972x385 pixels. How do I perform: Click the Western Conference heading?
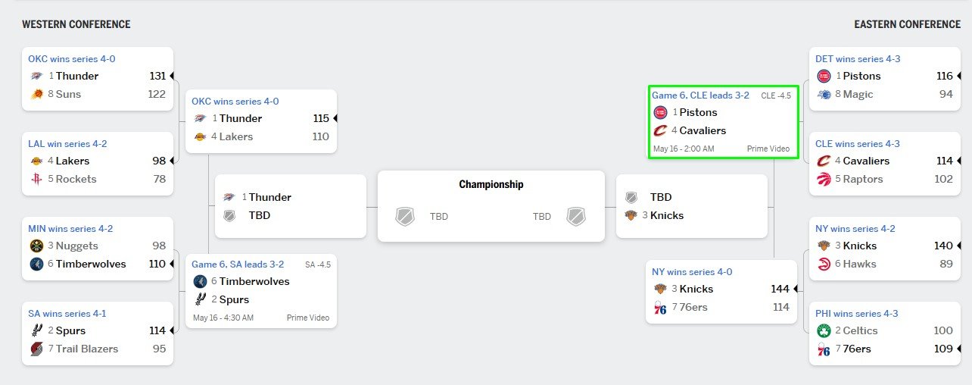(76, 24)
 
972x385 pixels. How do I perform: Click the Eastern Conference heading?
(908, 24)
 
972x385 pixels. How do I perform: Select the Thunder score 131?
(157, 76)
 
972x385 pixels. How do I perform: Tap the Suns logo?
(37, 94)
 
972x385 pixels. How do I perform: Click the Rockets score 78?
(159, 179)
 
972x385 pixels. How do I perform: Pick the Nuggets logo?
(37, 246)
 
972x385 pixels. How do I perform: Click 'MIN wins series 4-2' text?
(70, 229)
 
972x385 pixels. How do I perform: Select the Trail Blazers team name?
(87, 349)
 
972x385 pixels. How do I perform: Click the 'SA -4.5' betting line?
(318, 264)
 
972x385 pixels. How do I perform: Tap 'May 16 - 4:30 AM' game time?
(223, 318)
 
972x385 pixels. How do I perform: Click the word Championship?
(491, 184)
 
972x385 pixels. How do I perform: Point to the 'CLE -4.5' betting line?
(776, 95)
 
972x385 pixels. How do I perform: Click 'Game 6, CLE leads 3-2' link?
(700, 95)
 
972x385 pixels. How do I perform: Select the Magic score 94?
(946, 94)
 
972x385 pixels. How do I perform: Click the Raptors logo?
(824, 179)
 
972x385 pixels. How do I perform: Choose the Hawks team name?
(860, 264)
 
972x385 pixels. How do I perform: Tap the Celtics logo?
(824, 330)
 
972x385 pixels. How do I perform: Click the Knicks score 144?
(780, 289)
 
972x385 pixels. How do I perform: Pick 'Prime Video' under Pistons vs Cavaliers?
(768, 149)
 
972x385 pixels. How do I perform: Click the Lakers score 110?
(321, 136)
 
